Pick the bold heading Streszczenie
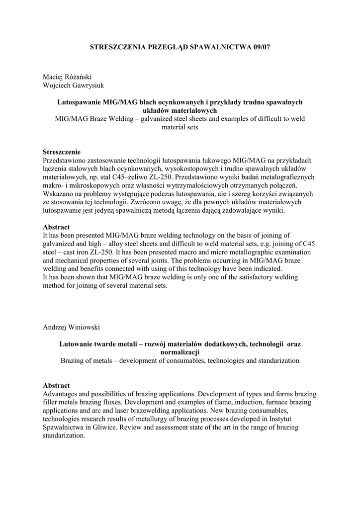click(x=62, y=152)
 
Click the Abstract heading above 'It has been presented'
click(x=56, y=227)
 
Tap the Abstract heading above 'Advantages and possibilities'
click(x=56, y=385)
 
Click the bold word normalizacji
click(x=180, y=352)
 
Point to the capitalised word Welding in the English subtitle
click(x=120, y=118)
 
